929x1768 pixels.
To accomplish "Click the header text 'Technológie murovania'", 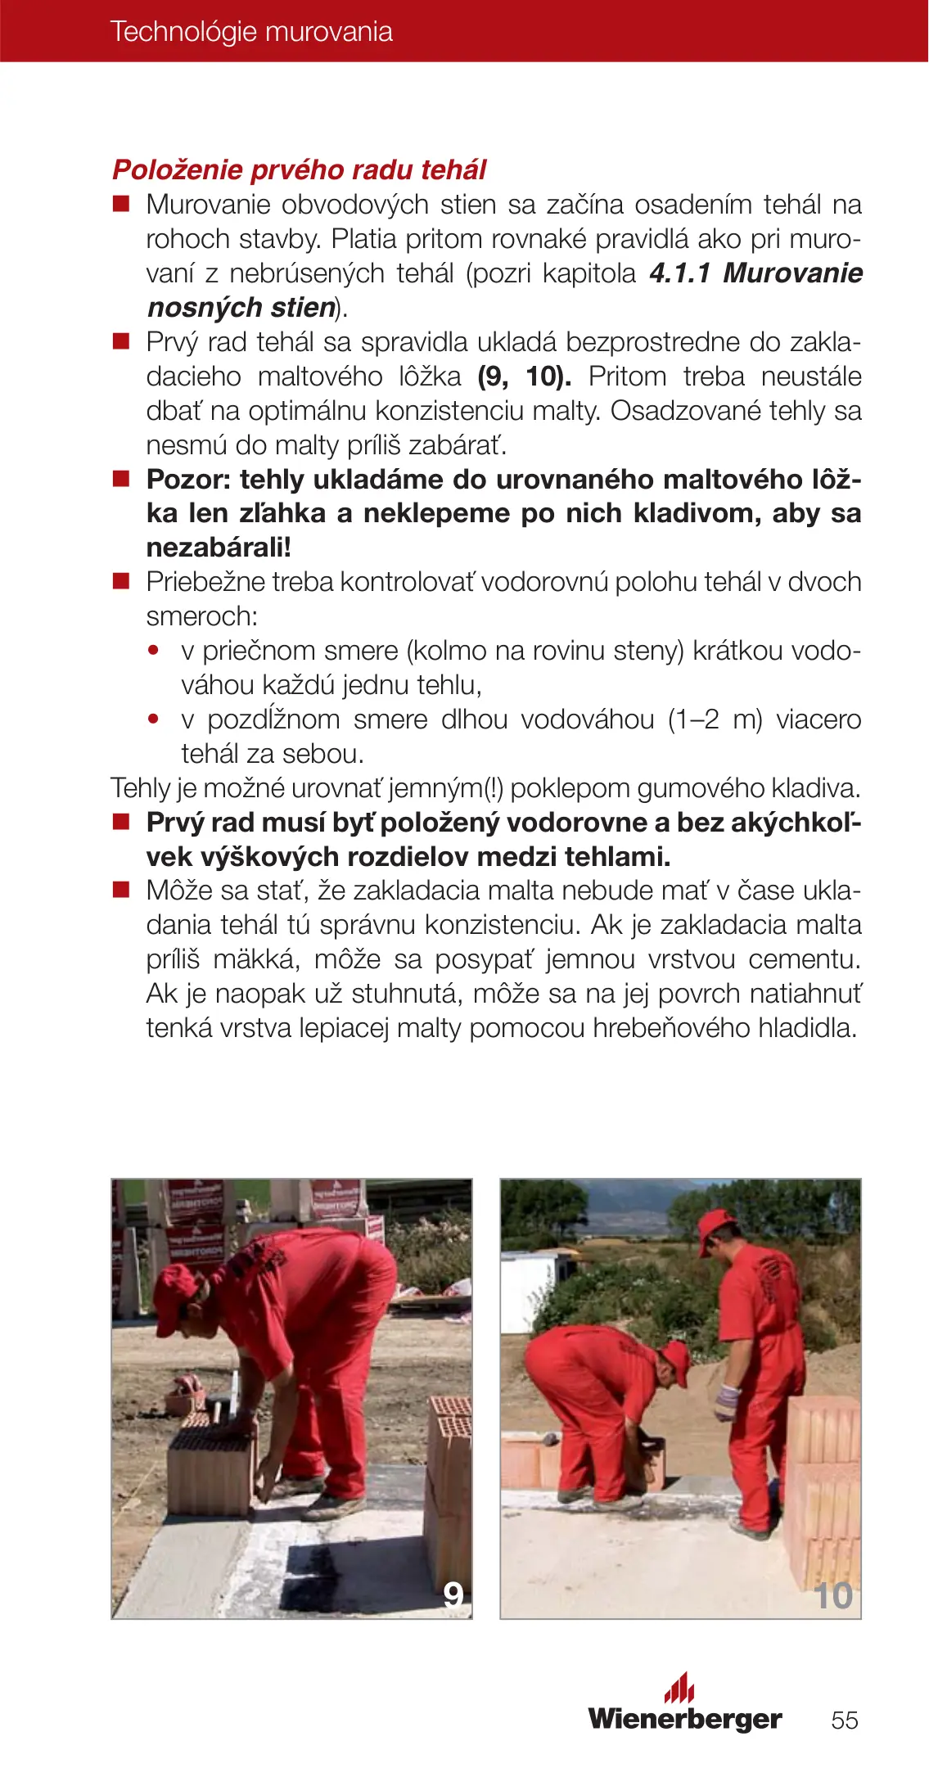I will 251,32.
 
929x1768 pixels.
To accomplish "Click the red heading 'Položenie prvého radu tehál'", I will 299,170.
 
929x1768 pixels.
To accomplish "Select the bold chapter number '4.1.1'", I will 679,273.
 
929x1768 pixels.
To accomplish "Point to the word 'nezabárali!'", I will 219,548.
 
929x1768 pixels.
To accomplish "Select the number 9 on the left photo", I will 453,1594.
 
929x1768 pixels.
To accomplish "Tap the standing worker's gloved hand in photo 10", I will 724,1400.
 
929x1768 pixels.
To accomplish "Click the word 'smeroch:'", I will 201,616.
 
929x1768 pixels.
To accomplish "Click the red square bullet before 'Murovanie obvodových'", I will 121,204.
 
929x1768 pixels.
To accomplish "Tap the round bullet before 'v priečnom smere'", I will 153,651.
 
